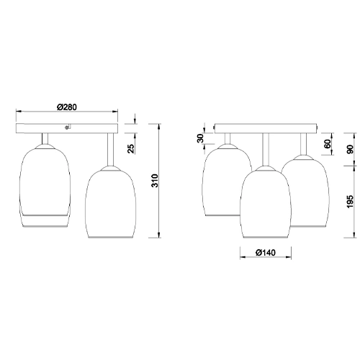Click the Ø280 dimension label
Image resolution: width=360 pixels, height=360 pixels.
pyautogui.click(x=67, y=107)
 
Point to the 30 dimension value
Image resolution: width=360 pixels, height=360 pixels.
pyautogui.click(x=201, y=138)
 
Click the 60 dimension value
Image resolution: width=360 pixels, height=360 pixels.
pyautogui.click(x=328, y=144)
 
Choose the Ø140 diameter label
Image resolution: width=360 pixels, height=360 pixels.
pyautogui.click(x=264, y=253)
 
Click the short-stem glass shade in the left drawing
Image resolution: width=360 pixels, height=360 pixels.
pyautogui.click(x=45, y=180)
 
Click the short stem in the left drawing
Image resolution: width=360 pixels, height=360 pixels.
pyautogui.click(x=45, y=139)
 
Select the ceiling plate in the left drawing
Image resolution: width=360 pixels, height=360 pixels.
pyautogui.click(x=67, y=129)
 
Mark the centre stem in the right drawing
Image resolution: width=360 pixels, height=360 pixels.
pyautogui.click(x=264, y=150)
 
